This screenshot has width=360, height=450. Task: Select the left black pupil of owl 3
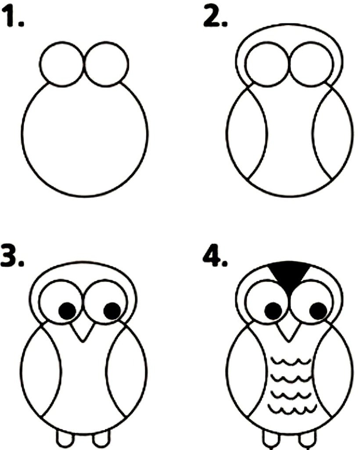(67, 311)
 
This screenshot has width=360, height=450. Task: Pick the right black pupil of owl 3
(112, 311)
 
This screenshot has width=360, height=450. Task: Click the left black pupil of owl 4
(274, 311)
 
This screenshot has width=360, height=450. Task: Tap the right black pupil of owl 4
(318, 312)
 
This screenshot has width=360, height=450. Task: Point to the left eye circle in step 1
(40, 64)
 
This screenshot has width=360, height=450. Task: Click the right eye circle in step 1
(128, 64)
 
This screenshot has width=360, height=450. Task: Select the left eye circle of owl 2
(245, 64)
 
